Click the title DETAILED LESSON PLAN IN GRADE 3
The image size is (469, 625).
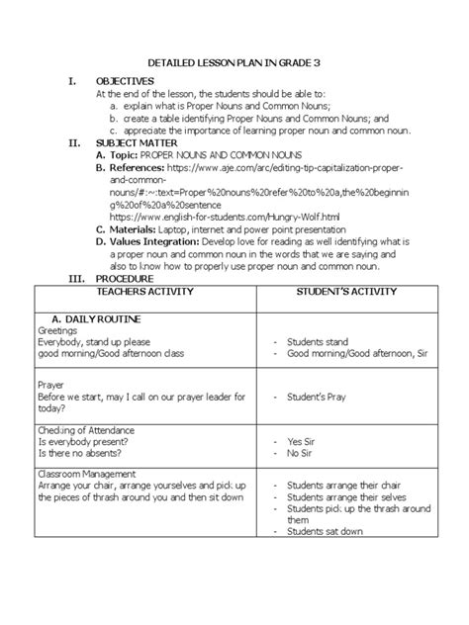pos(234,62)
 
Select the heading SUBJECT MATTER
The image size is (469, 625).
pos(138,143)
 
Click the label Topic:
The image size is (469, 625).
pos(123,155)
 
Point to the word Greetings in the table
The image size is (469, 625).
pos(58,331)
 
